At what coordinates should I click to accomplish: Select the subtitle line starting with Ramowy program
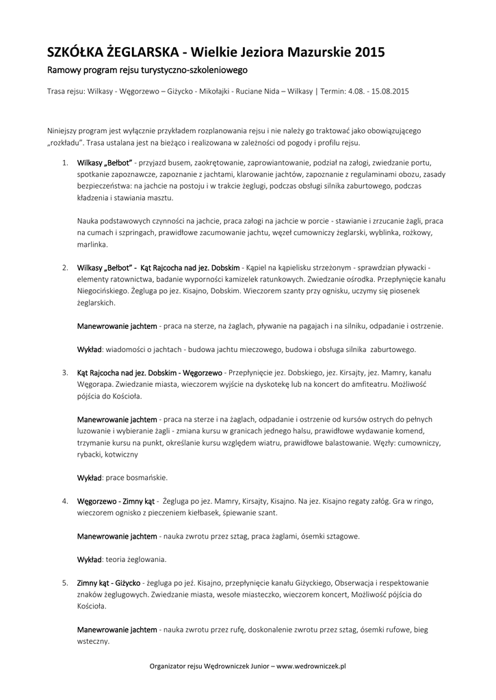click(x=146, y=70)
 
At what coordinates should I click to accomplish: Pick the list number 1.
click(x=64, y=163)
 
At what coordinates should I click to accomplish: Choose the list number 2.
click(x=64, y=267)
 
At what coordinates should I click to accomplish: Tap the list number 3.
click(x=64, y=373)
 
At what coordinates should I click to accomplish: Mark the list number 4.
click(x=64, y=501)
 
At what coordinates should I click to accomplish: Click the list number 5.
click(x=64, y=583)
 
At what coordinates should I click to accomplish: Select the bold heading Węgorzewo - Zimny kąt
click(x=116, y=501)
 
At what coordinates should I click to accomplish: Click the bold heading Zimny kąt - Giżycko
click(x=109, y=583)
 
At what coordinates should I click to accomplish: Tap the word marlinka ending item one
click(x=91, y=244)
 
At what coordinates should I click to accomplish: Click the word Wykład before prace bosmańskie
click(x=89, y=478)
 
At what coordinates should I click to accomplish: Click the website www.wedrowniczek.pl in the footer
click(x=311, y=665)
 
